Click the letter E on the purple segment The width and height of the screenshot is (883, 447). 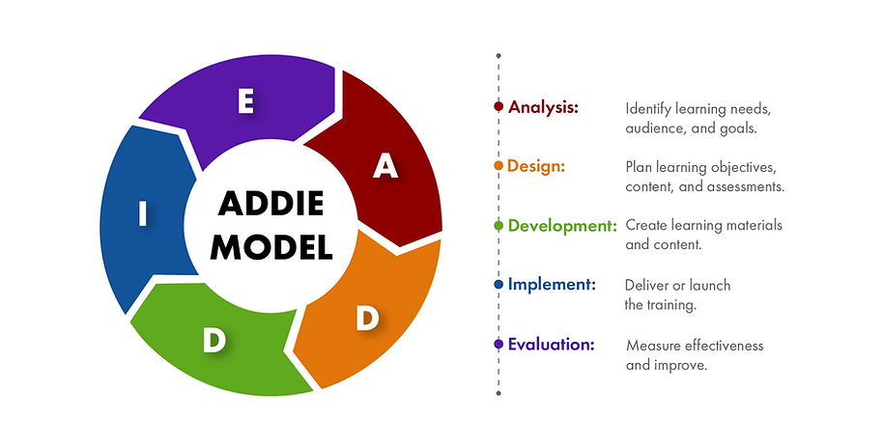245,101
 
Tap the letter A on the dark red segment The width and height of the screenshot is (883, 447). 385,166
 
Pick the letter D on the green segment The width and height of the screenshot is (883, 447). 214,340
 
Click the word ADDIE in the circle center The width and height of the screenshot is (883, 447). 271,205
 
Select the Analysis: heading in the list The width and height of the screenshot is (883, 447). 543,107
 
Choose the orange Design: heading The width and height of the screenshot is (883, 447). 536,166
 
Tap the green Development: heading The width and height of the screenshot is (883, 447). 562,225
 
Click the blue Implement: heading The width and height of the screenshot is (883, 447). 552,285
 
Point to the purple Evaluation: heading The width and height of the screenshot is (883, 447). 551,344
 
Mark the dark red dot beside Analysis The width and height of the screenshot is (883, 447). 498,107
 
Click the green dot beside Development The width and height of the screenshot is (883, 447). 498,226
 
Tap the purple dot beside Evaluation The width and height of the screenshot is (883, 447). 498,345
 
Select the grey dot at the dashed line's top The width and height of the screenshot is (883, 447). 498,56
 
